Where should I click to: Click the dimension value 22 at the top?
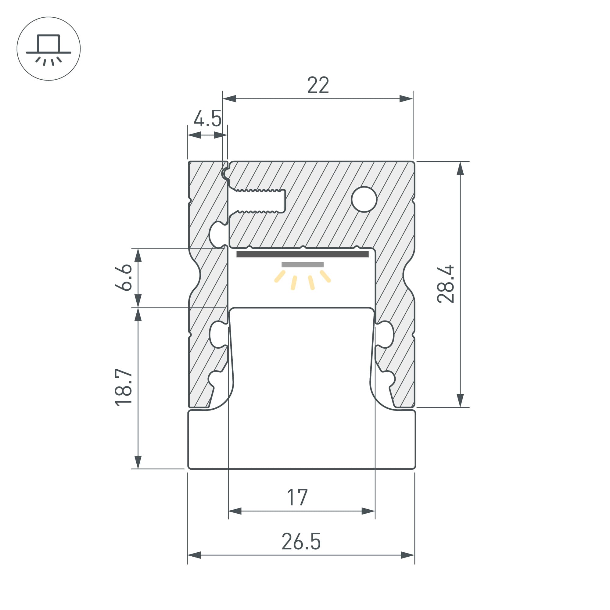pos(318,85)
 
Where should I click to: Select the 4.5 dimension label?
pos(207,119)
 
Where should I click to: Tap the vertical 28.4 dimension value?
pos(446,284)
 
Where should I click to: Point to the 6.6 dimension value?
pos(124,277)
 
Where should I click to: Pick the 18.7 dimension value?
pos(124,387)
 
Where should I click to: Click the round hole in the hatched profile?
pos(364,199)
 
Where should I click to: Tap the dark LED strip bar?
pos(303,254)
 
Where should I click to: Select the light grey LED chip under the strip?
pos(303,264)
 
